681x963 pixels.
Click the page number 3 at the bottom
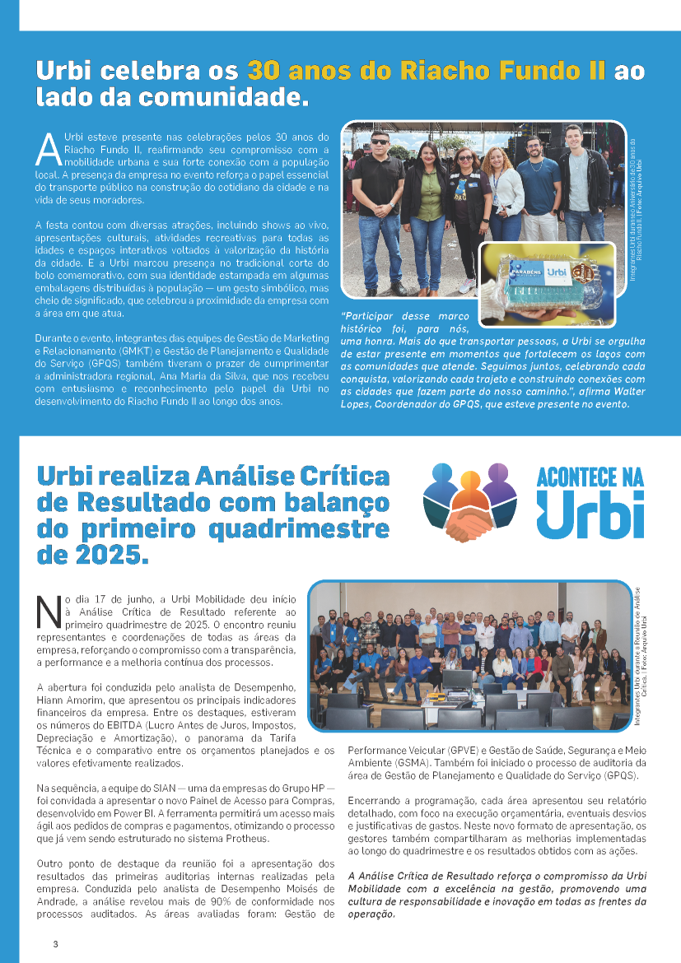[x=55, y=943]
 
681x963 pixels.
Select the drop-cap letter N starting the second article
[x=49, y=610]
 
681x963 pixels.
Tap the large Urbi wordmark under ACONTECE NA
[x=590, y=514]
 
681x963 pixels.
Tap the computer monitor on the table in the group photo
[x=457, y=680]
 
